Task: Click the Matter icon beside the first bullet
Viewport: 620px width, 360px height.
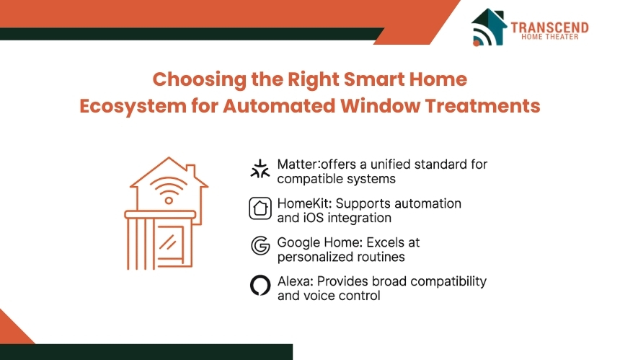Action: click(260, 169)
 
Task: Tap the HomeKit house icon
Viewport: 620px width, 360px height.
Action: click(260, 208)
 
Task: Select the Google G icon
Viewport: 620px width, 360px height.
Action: click(260, 246)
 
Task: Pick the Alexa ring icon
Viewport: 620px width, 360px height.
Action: click(260, 285)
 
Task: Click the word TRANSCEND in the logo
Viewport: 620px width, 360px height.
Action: click(549, 27)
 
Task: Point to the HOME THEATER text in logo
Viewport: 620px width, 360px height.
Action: click(549, 37)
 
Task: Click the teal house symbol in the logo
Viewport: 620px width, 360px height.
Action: click(489, 27)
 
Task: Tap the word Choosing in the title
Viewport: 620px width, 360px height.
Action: click(200, 80)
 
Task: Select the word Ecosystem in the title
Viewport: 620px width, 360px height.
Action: click(133, 107)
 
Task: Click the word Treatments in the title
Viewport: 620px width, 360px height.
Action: click(482, 105)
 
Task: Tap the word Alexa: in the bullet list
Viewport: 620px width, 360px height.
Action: click(296, 281)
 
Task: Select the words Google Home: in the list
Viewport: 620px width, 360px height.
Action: click(319, 242)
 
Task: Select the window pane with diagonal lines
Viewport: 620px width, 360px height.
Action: click(170, 241)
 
